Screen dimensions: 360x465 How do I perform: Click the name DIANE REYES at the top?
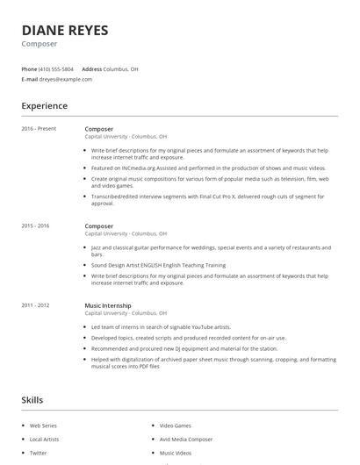click(65, 31)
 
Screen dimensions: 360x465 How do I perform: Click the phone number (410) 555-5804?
click(56, 68)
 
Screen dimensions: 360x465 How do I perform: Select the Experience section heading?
click(44, 106)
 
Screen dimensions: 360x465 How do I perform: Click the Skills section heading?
click(32, 400)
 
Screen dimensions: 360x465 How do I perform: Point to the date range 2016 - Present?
click(39, 129)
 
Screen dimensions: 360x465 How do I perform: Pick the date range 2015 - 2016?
click(35, 225)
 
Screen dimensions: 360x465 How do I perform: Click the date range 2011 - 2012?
click(35, 304)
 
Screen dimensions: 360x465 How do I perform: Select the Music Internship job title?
click(108, 304)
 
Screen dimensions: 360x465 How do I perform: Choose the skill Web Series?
click(42, 426)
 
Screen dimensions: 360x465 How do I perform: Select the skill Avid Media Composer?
click(185, 439)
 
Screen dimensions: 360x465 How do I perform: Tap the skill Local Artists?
click(43, 439)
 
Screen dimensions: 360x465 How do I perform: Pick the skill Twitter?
click(38, 453)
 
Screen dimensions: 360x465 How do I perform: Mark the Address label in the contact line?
click(92, 68)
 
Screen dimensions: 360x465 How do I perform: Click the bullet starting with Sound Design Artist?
click(158, 265)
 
